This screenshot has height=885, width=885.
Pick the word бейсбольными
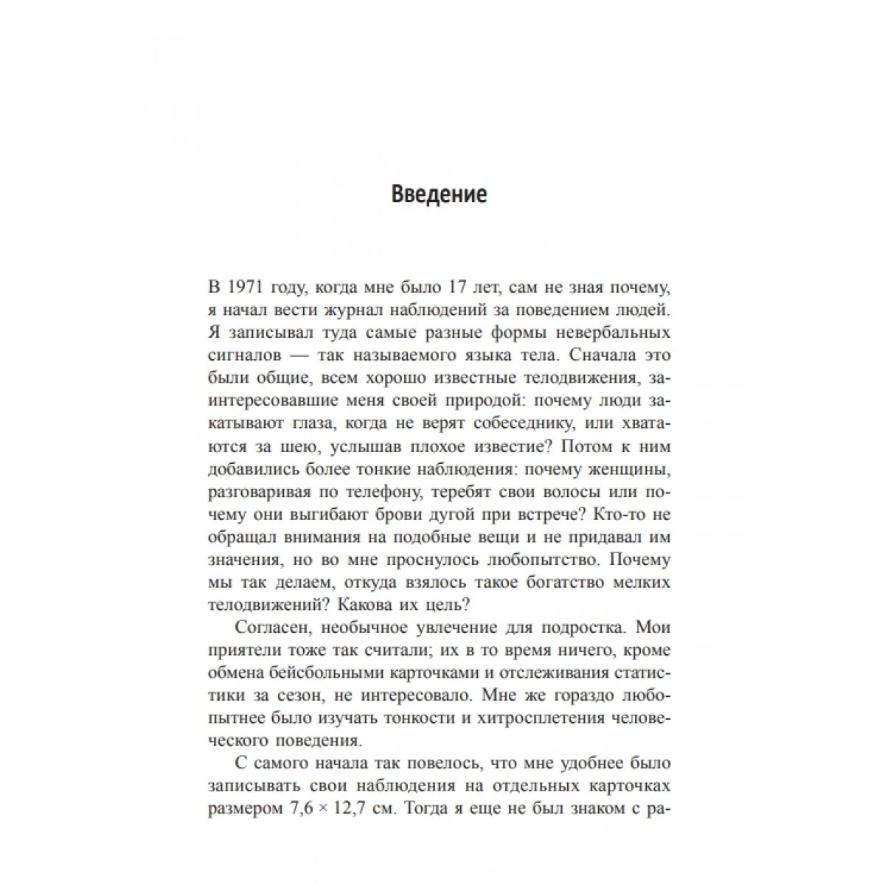click(x=341, y=672)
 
